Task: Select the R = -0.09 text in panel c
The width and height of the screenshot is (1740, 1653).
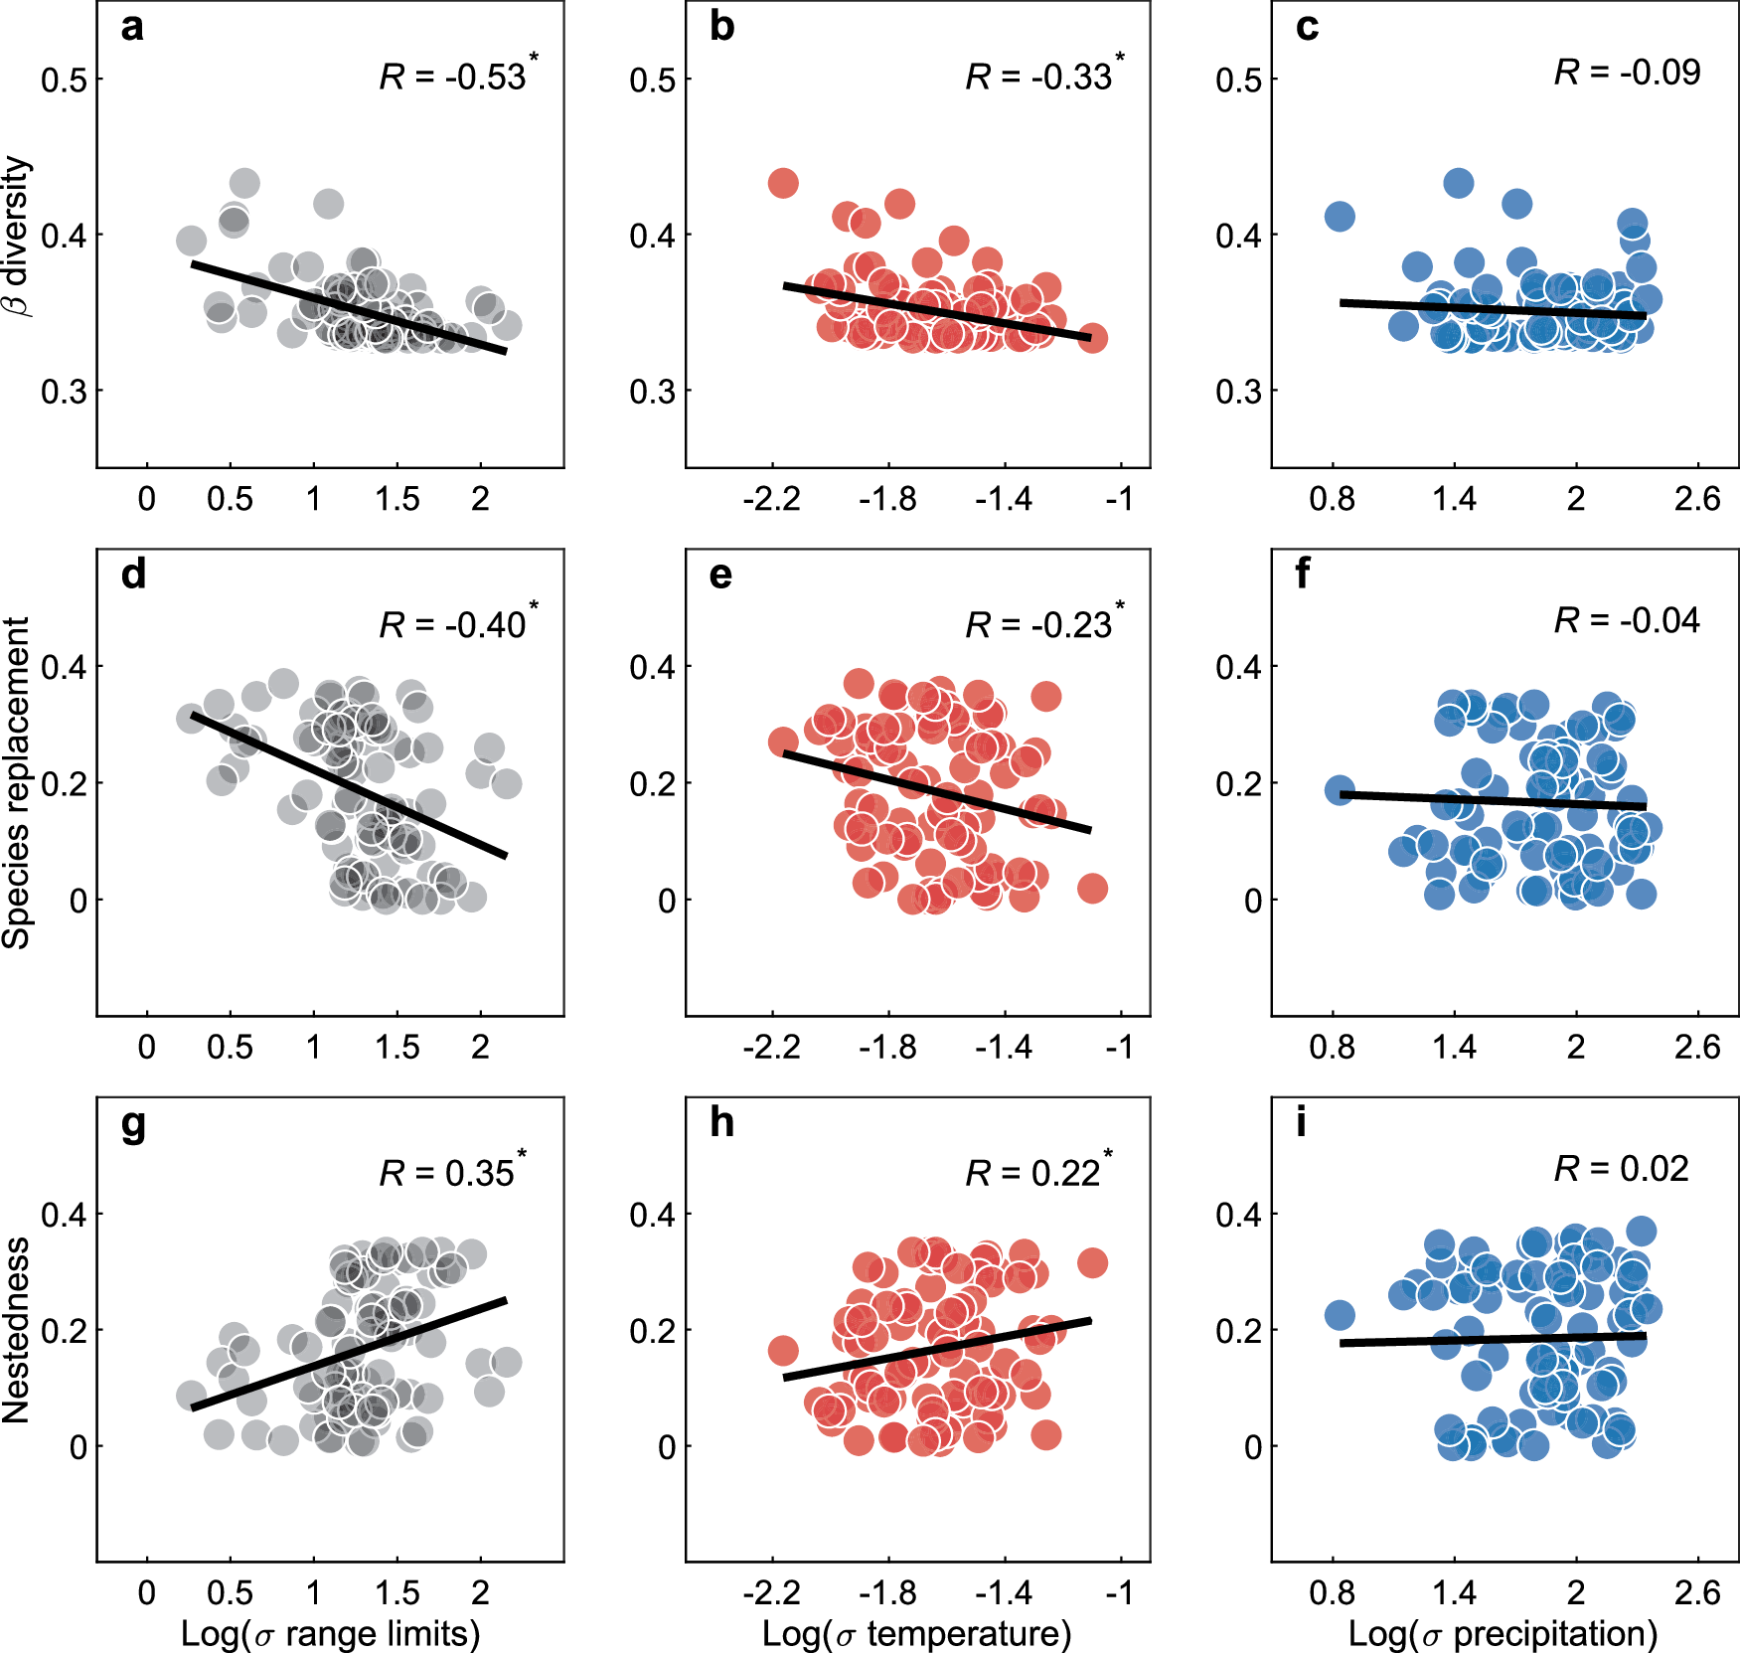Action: click(1627, 72)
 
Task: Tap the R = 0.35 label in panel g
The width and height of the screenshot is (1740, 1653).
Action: click(450, 1172)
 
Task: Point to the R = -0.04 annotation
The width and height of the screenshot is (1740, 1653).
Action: click(1627, 620)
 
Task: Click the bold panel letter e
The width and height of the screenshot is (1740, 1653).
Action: click(721, 575)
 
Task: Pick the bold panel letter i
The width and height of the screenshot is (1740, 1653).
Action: click(1301, 1122)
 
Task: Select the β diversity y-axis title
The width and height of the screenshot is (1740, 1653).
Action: click(18, 236)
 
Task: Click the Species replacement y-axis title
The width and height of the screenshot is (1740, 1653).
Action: click(17, 782)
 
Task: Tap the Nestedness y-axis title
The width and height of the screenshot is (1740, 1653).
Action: click(17, 1329)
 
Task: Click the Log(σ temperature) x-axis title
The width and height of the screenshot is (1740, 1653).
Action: click(916, 1633)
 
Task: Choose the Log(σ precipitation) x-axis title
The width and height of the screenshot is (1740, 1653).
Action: click(1503, 1633)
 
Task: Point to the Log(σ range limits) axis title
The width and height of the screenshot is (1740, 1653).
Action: click(330, 1633)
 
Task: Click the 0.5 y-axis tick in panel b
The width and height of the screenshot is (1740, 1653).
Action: click(652, 80)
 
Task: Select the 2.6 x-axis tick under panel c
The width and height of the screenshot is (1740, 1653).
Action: click(1696, 498)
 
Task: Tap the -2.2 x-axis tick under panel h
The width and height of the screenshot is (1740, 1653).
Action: click(771, 1592)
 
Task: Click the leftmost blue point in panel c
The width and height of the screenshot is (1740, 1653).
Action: click(1340, 216)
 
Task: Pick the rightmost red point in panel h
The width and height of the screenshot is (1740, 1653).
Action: click(1092, 1262)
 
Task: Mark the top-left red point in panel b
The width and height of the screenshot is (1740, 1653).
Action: click(783, 183)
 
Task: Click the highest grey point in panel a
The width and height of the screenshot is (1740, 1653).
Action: click(244, 183)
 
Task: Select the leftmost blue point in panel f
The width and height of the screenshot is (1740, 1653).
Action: click(1340, 790)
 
